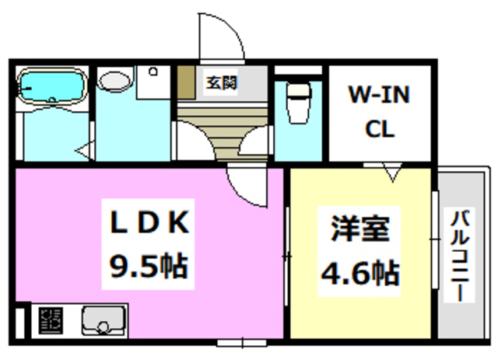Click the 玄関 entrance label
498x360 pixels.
221,82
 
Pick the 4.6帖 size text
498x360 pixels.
360,271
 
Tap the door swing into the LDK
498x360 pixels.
247,187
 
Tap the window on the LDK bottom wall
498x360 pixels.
240,341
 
